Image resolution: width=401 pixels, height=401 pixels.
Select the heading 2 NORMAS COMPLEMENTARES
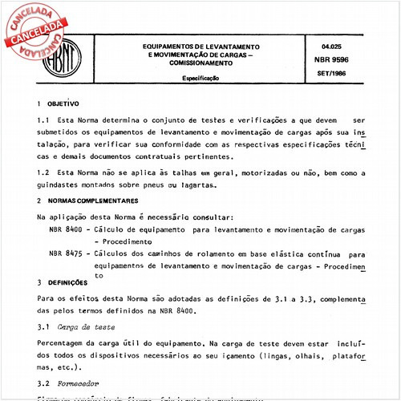point(85,200)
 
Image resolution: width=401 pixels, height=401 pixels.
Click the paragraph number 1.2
point(44,172)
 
